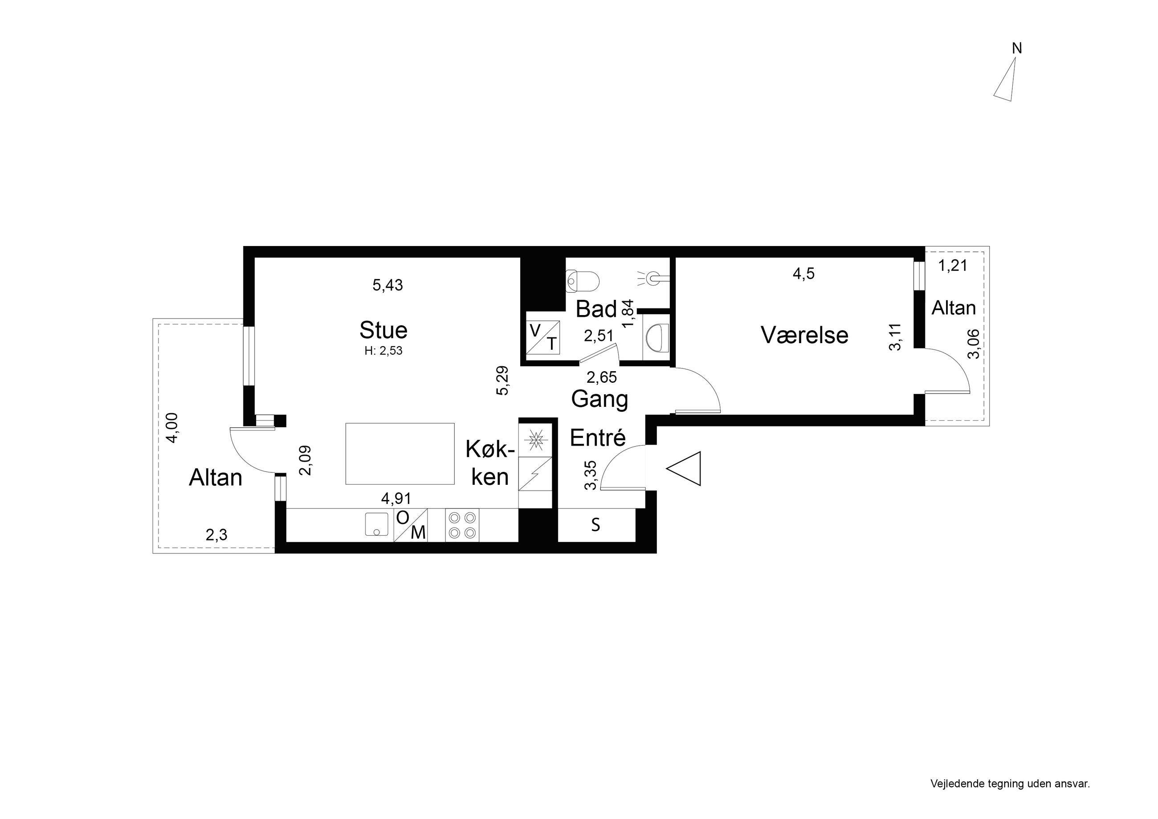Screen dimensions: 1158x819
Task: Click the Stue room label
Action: point(383,330)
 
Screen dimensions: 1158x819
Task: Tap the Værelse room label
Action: point(804,335)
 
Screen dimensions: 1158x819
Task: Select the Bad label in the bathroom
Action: point(596,309)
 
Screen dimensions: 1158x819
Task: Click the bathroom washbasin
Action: point(656,337)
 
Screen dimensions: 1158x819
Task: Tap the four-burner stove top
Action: point(462,525)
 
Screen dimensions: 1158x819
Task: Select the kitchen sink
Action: point(377,524)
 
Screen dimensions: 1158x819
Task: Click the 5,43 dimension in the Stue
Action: point(388,285)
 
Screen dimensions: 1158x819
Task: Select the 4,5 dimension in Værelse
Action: point(804,274)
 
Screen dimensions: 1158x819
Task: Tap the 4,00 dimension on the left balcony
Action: point(172,428)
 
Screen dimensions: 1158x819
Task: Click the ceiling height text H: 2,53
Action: point(383,351)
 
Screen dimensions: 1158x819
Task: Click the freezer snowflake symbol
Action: point(536,439)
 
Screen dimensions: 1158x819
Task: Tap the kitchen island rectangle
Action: point(400,454)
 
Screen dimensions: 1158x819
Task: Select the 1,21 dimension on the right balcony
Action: point(953,266)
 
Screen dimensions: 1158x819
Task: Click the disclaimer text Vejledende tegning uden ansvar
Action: point(1010,784)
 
